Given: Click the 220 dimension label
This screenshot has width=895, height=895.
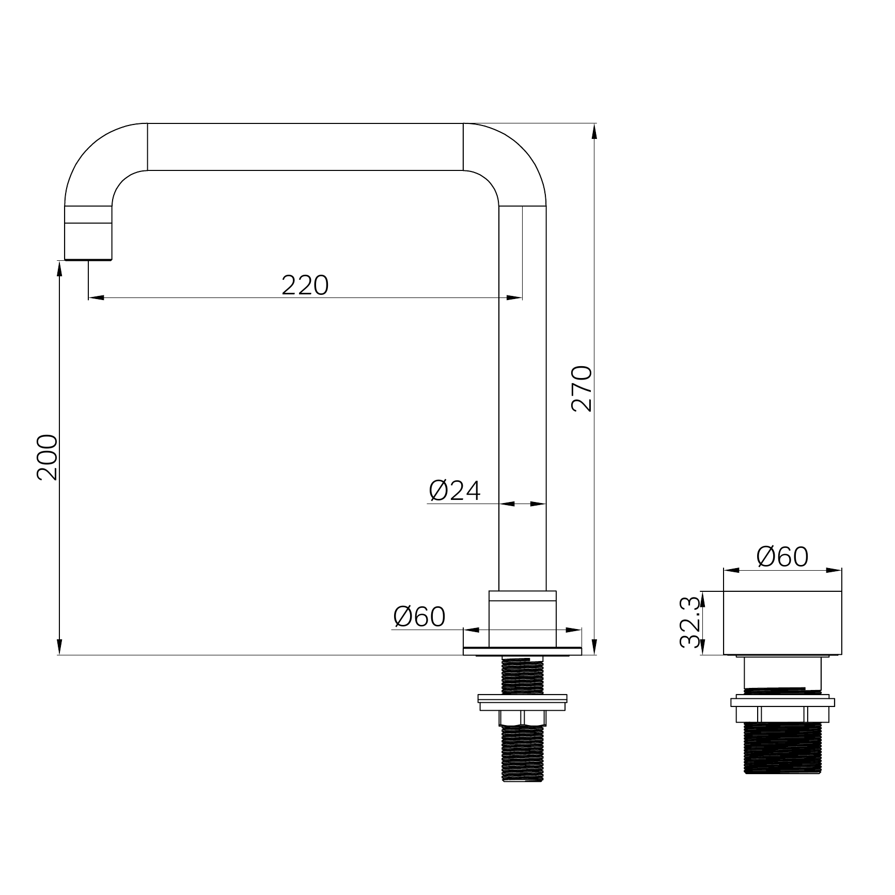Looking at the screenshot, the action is (305, 285).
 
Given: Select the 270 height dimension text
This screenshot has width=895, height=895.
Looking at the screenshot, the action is (582, 388).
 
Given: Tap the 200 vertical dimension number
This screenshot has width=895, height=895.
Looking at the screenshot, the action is (47, 458).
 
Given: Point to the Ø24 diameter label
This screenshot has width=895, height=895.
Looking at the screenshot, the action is (454, 491).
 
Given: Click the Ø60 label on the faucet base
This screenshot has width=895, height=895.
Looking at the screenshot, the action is (419, 617).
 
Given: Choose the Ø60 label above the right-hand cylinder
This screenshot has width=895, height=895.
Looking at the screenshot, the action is (782, 557).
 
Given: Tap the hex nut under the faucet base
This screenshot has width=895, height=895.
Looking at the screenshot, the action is (523, 718).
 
